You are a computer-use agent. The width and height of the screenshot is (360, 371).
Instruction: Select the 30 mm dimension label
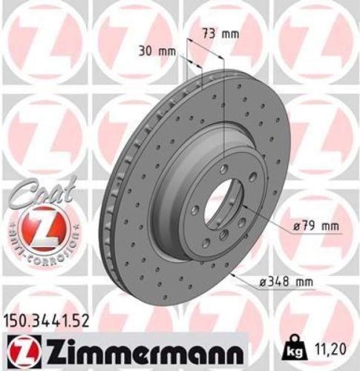157,50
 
